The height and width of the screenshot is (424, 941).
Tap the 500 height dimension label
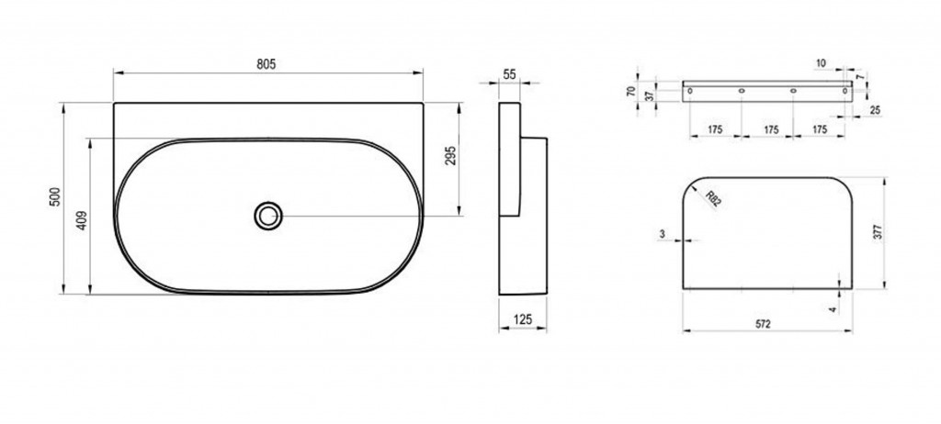tap(55, 197)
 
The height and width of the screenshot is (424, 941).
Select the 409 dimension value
tap(83, 220)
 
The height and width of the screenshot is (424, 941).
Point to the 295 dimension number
tap(452, 155)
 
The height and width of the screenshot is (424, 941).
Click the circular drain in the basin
tap(268, 216)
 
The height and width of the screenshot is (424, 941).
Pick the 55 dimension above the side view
tap(509, 75)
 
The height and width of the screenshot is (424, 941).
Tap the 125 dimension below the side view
tap(523, 319)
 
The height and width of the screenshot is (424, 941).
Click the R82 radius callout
tap(712, 199)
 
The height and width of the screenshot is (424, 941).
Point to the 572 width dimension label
tap(762, 324)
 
